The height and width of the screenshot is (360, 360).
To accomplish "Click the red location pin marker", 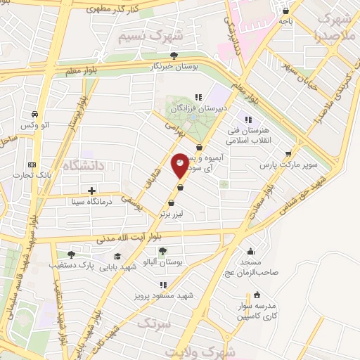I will click(x=180, y=165).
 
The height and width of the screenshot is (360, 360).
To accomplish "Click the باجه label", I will click(x=285, y=22).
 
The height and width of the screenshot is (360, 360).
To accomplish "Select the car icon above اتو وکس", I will click(x=36, y=114).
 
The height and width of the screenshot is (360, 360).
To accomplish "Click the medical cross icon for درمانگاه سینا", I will click(x=92, y=190).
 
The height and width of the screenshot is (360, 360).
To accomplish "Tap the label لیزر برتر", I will click(x=171, y=212).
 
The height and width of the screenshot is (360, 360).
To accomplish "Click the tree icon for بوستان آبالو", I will click(x=162, y=251).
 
